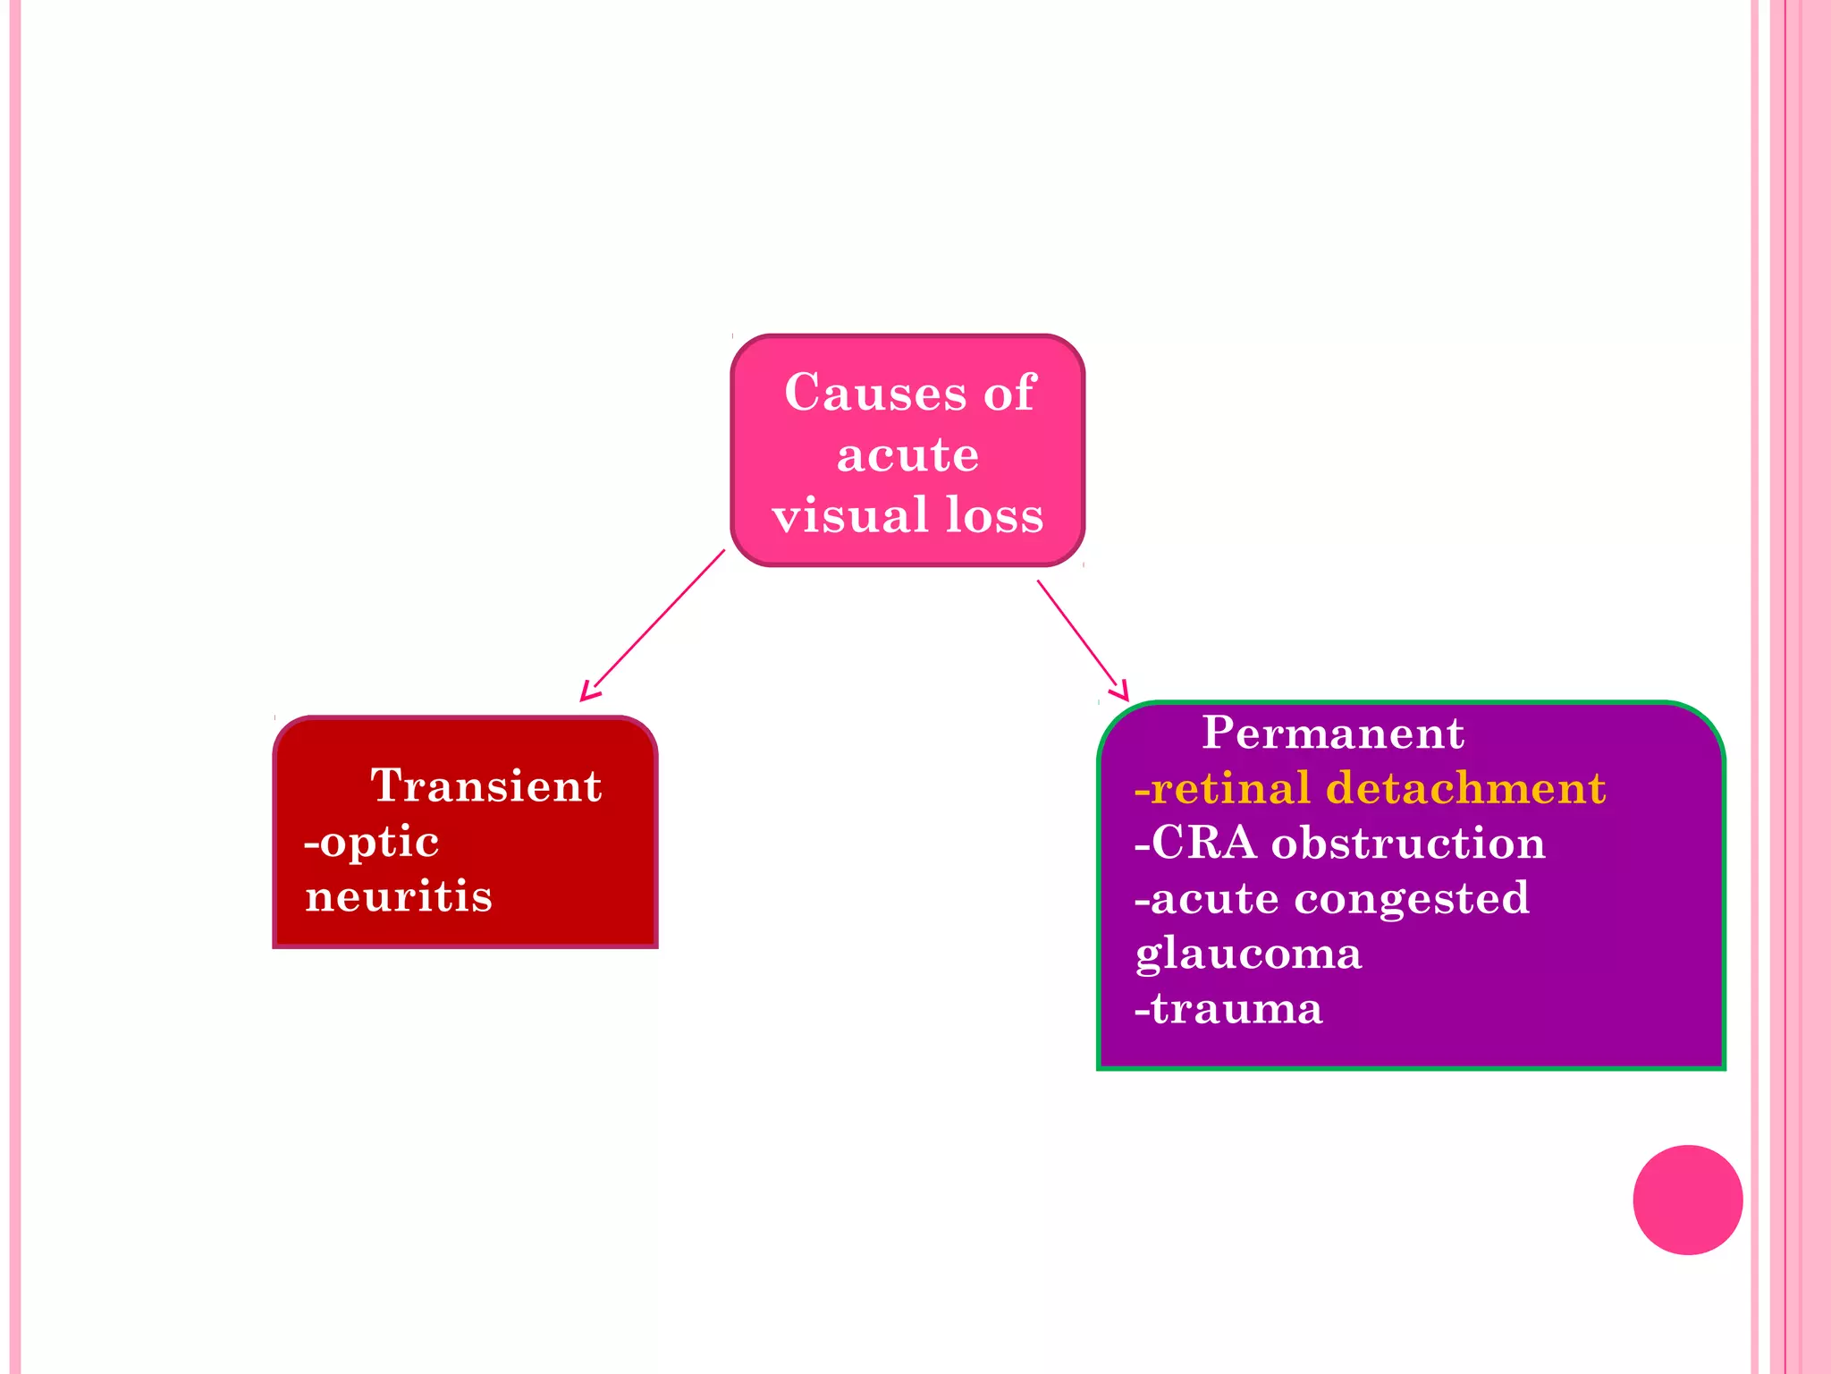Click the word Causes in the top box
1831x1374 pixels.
pyautogui.click(x=874, y=393)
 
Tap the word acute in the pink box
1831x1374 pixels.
pyautogui.click(x=907, y=454)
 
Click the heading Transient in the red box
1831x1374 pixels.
pyautogui.click(x=485, y=785)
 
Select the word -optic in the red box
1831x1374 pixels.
pyautogui.click(x=372, y=842)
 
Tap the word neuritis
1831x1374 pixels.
pyautogui.click(x=399, y=896)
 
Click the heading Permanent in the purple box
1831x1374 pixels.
pyautogui.click(x=1332, y=733)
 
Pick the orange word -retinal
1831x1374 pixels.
pyautogui.click(x=1222, y=788)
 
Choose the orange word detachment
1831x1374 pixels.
pyautogui.click(x=1465, y=788)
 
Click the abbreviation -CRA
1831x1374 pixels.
pyautogui.click(x=1194, y=843)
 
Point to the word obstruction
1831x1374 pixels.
pyautogui.click(x=1408, y=843)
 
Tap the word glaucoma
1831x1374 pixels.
pyautogui.click(x=1248, y=954)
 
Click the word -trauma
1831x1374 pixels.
pyautogui.click(x=1228, y=1008)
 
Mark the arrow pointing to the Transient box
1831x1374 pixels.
pyautogui.click(x=653, y=625)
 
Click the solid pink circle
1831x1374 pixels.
pyautogui.click(x=1687, y=1200)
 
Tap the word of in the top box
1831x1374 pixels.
pyautogui.click(x=1009, y=393)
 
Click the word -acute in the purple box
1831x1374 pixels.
pyautogui.click(x=1206, y=898)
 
